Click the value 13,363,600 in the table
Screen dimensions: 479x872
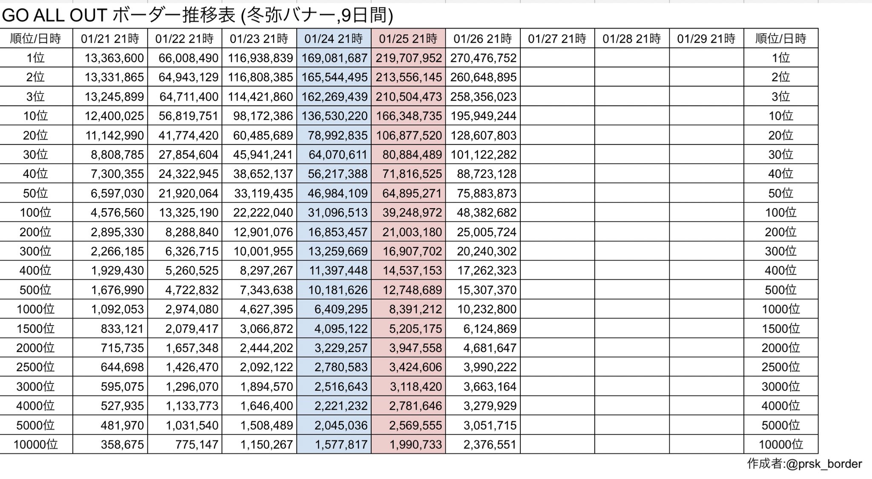pos(114,58)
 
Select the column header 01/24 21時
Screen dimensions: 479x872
pos(333,39)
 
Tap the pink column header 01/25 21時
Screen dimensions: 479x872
pos(408,39)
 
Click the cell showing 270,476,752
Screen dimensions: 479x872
pos(483,58)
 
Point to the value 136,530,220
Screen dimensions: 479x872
pos(334,116)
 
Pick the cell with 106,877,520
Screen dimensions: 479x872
pos(409,135)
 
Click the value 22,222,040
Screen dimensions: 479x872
pos(263,212)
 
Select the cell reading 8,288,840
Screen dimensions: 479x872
pos(192,232)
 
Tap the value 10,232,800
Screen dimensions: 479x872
pos(487,309)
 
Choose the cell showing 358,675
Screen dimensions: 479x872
pos(122,445)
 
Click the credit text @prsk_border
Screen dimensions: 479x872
pos(824,464)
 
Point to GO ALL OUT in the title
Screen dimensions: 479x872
pos(54,16)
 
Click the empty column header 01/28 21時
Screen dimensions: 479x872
pos(631,39)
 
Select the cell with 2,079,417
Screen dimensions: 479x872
pos(192,329)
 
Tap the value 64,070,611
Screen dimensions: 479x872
pos(338,155)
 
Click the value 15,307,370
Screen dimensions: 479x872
pos(487,290)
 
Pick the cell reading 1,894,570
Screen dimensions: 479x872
pos(266,387)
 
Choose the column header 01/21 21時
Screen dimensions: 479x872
pos(110,39)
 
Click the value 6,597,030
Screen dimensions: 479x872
pos(117,193)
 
